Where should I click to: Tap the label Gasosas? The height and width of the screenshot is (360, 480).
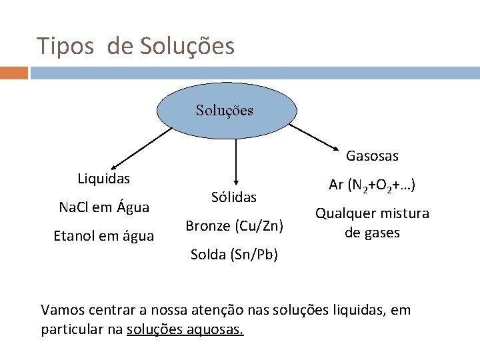[x=372, y=156]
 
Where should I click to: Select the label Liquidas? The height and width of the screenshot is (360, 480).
[x=104, y=179]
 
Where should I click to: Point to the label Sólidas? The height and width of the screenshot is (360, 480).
[x=234, y=197]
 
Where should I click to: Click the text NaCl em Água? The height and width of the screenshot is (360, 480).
[x=104, y=207]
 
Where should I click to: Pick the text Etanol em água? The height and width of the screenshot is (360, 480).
[x=104, y=235]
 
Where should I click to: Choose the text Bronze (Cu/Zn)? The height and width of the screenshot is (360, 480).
[x=235, y=225]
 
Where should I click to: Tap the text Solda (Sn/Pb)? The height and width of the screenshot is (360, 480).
[x=235, y=254]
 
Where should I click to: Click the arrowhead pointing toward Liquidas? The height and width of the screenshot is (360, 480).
[x=114, y=167]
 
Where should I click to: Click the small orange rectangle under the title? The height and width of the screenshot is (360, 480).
[x=14, y=73]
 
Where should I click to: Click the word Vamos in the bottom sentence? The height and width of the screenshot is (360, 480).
[x=61, y=310]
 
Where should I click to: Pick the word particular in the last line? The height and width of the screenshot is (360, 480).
[x=69, y=330]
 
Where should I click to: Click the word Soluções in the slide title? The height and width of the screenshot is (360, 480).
[x=187, y=47]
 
